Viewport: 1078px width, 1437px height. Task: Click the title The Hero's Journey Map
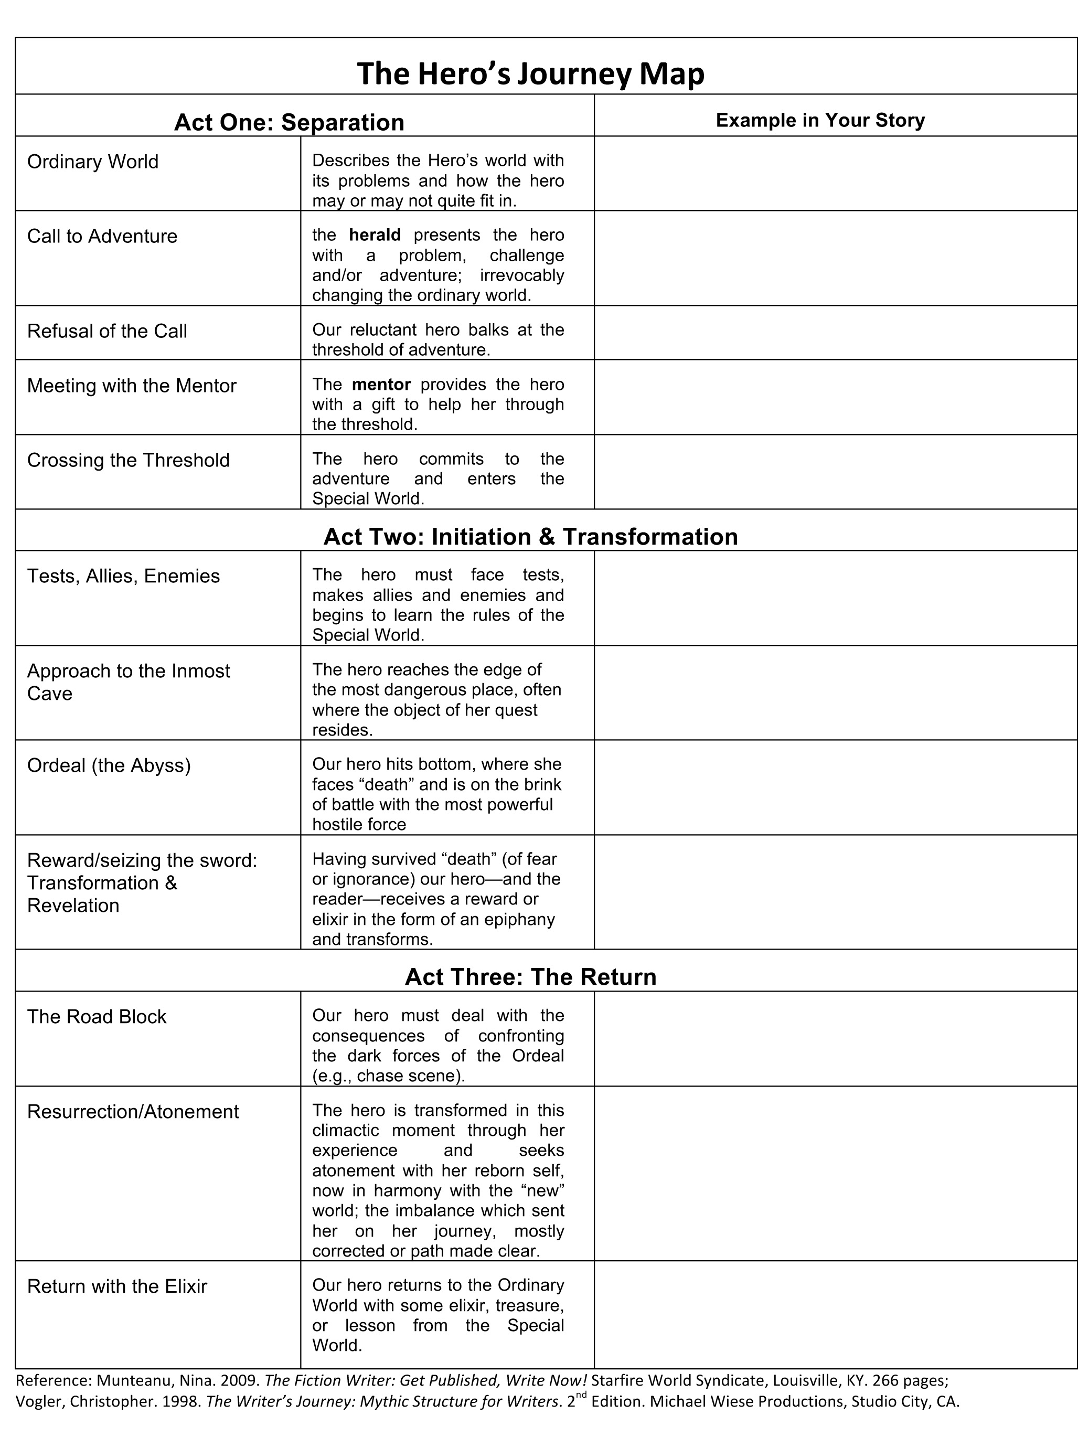(x=530, y=74)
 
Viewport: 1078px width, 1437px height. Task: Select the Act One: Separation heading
(x=289, y=122)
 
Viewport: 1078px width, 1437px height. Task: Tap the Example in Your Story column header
(x=819, y=120)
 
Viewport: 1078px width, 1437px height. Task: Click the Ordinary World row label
(x=93, y=162)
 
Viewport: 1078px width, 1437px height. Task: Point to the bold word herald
(x=375, y=235)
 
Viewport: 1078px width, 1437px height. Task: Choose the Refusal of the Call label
(x=107, y=332)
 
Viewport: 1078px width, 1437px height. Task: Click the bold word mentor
(x=381, y=384)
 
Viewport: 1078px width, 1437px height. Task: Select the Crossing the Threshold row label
(x=129, y=460)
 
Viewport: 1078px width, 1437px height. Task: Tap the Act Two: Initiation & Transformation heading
(x=530, y=537)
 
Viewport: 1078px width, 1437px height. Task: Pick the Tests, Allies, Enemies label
(x=123, y=576)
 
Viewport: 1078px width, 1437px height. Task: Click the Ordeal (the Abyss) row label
(x=109, y=765)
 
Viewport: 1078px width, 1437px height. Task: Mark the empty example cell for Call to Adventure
(x=835, y=258)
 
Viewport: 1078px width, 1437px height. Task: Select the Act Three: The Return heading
(x=530, y=976)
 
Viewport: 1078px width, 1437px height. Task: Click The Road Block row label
(x=97, y=1017)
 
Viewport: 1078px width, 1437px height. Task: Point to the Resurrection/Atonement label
(x=133, y=1112)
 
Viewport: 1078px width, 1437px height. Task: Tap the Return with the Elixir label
(x=117, y=1286)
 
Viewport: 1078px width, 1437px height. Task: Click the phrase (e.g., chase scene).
(x=388, y=1076)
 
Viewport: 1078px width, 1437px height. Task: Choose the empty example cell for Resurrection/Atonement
(x=835, y=1173)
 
